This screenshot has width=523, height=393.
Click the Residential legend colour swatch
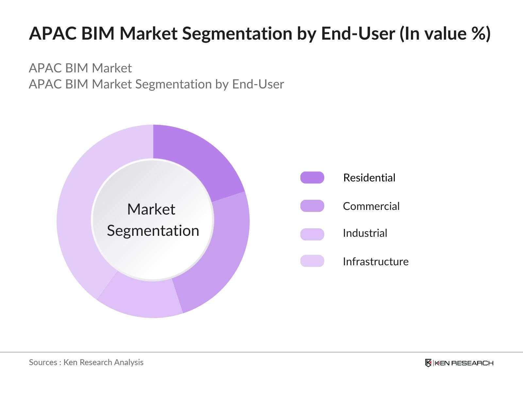pyautogui.click(x=312, y=178)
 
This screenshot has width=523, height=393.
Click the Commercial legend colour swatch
pyautogui.click(x=312, y=206)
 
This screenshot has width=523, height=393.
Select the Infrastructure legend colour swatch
pyautogui.click(x=312, y=261)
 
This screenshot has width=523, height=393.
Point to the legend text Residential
pyautogui.click(x=369, y=178)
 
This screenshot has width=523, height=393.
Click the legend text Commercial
pyautogui.click(x=371, y=206)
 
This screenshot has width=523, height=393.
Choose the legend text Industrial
pyautogui.click(x=365, y=233)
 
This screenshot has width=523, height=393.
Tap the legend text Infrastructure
pyautogui.click(x=376, y=261)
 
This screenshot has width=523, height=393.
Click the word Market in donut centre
pyautogui.click(x=151, y=209)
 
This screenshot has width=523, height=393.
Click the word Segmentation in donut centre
pyautogui.click(x=153, y=231)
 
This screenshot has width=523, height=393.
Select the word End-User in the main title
pyautogui.click(x=358, y=33)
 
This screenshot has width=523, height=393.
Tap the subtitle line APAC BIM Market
pyautogui.click(x=80, y=68)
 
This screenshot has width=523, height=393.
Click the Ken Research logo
pyautogui.click(x=459, y=363)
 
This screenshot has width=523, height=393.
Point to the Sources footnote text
pyautogui.click(x=86, y=362)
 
